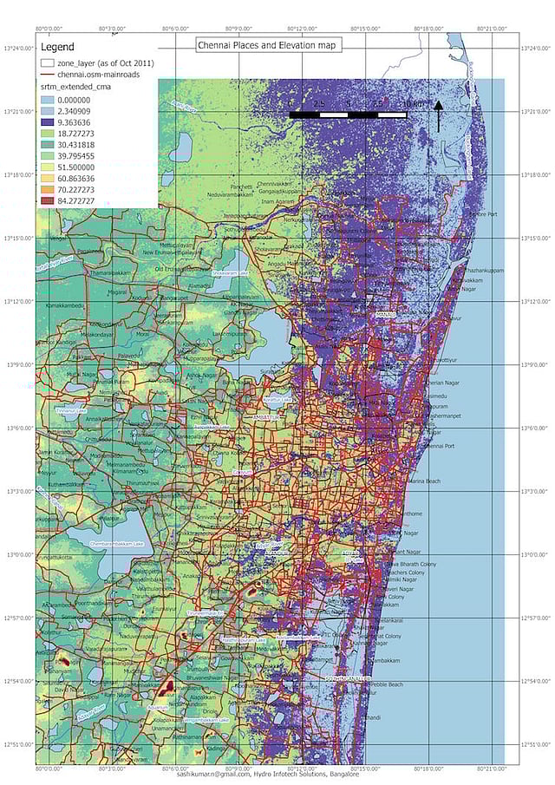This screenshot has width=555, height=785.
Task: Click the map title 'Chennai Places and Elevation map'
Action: coord(268,44)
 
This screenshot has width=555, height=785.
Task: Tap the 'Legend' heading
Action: coord(58,46)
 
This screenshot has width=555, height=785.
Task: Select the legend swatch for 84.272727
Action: coord(48,200)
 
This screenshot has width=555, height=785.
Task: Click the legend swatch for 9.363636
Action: coord(48,124)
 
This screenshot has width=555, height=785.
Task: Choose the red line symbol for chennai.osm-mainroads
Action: coord(48,75)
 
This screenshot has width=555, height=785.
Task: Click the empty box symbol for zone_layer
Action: coord(48,63)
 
